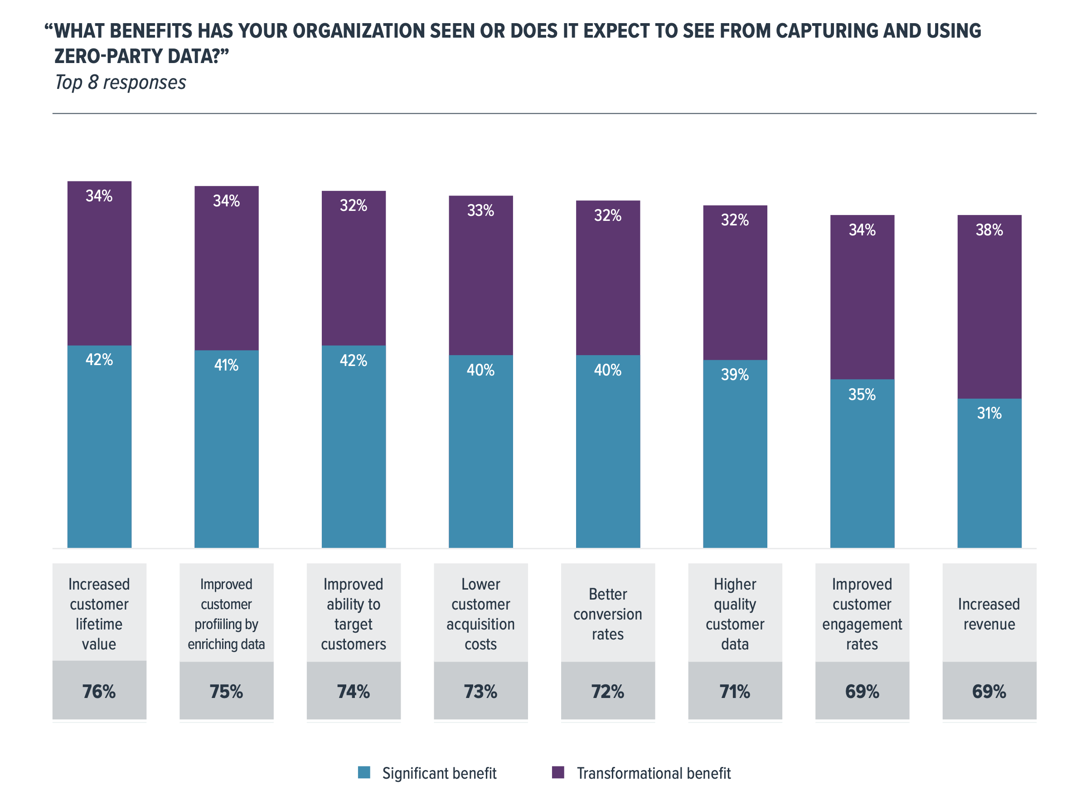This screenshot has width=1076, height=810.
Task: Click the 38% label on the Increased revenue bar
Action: click(989, 230)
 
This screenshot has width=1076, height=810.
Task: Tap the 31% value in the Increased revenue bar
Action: click(989, 413)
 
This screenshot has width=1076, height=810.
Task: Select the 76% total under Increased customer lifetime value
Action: click(99, 692)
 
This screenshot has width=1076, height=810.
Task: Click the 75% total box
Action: click(226, 692)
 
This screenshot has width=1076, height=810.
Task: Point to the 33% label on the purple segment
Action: click(480, 210)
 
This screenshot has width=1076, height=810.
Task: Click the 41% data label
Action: click(226, 365)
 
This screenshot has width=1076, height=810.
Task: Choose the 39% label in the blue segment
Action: click(735, 374)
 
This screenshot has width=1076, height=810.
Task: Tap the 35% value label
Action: click(862, 394)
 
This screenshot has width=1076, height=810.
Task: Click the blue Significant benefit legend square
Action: click(364, 772)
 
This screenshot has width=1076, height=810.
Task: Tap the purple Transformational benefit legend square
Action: click(558, 772)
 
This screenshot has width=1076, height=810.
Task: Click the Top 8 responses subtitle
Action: click(120, 82)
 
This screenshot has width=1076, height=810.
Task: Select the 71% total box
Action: click(735, 692)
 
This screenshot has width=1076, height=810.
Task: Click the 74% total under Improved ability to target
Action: click(353, 692)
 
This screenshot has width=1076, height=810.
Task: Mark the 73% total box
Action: click(480, 692)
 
